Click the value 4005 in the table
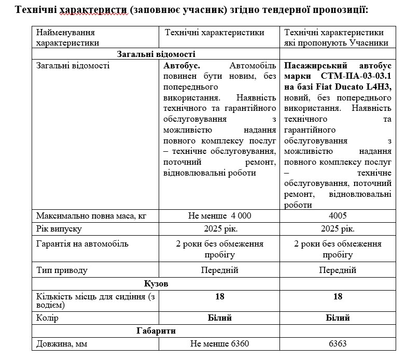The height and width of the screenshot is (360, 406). (338, 215)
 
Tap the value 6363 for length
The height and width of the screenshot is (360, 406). (338, 343)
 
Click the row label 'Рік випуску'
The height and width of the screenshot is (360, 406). (59, 229)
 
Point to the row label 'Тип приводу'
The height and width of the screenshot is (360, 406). (62, 270)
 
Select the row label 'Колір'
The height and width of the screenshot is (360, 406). (47, 318)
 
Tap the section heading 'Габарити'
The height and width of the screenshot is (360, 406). (156, 330)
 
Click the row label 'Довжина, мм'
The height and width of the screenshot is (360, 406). (61, 343)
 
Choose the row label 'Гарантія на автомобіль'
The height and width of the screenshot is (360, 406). (82, 243)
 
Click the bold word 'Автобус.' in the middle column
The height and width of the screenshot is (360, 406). (182, 66)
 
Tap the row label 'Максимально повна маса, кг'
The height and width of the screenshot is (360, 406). (88, 215)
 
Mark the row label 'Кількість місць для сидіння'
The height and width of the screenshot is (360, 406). (88, 297)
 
